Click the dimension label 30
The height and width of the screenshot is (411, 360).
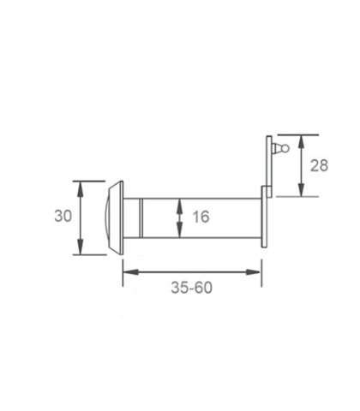[63, 216]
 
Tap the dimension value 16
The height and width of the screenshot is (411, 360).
[201, 217]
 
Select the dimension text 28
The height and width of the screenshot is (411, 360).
[319, 165]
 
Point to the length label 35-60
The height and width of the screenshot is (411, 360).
[191, 288]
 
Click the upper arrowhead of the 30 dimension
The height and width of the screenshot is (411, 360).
[81, 188]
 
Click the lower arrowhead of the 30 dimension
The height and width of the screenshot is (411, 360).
[81, 247]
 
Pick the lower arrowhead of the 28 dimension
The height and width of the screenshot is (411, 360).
[301, 190]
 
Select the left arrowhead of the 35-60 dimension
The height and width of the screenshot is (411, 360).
[131, 272]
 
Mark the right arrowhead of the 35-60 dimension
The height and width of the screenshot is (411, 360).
[254, 272]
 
